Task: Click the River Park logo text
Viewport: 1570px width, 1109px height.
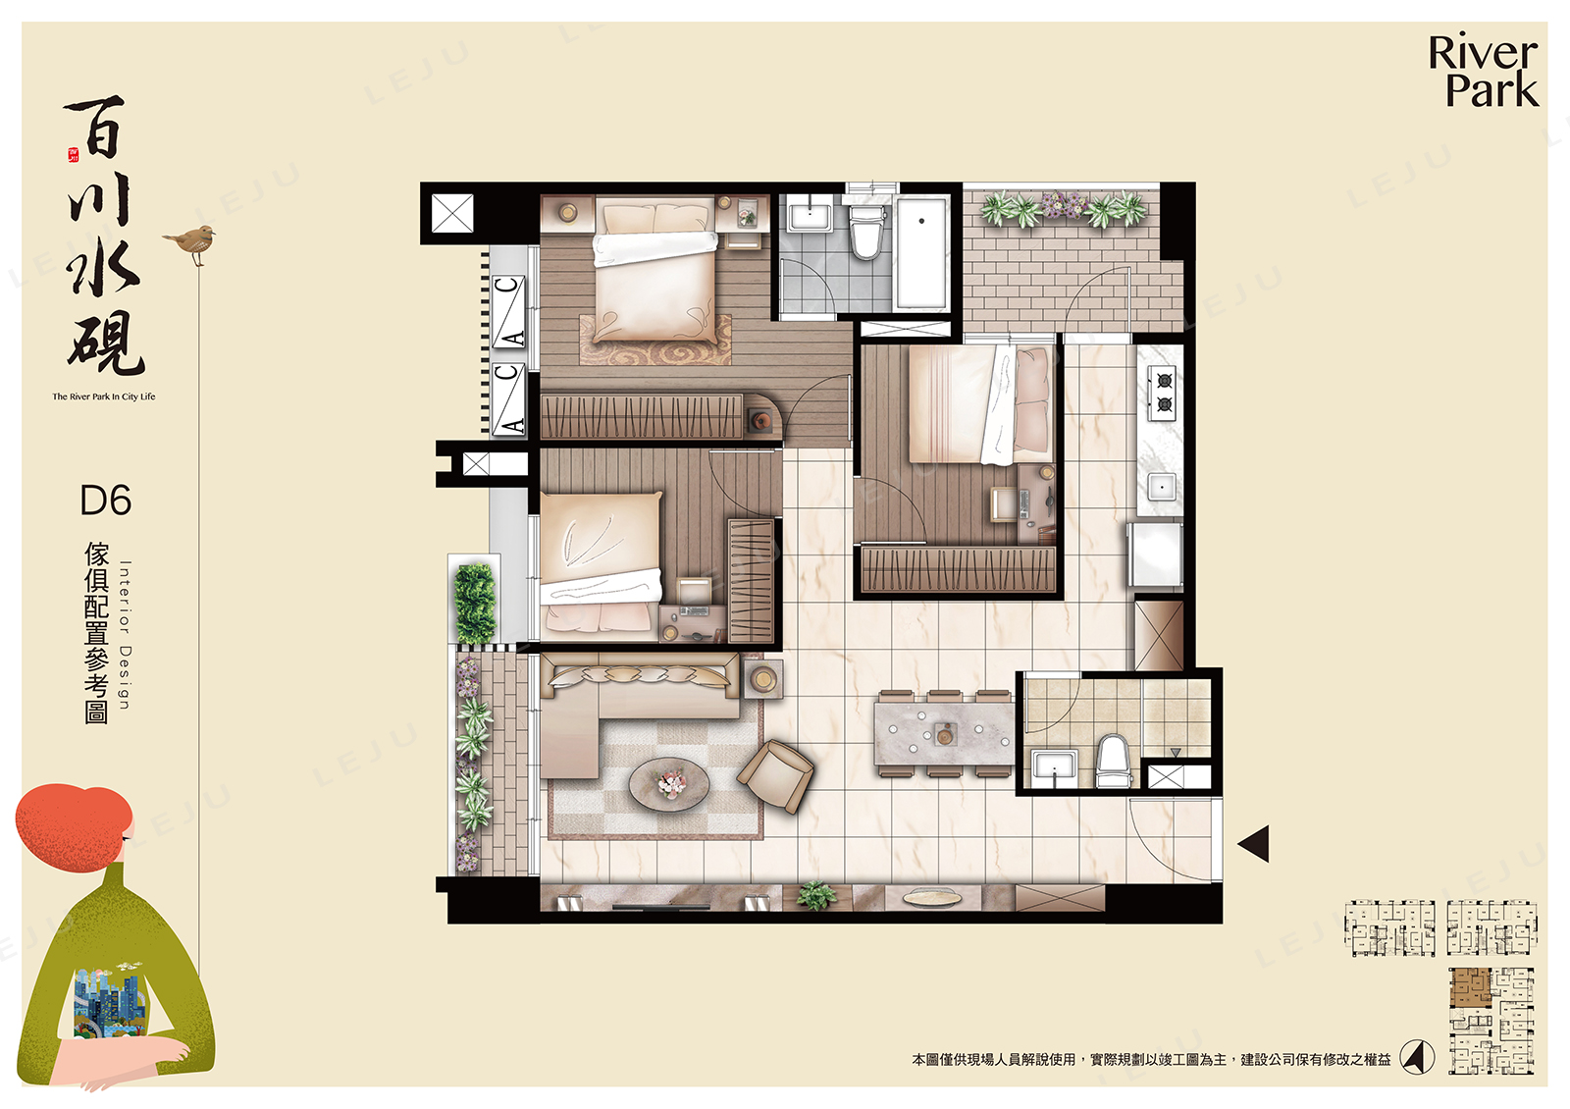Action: coord(1483,73)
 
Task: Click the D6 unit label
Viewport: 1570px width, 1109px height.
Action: coord(106,501)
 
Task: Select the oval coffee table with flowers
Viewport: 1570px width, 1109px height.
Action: coord(669,784)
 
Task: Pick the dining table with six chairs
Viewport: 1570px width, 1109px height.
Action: coord(944,734)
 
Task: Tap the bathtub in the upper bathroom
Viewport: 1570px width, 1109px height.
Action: coord(921,252)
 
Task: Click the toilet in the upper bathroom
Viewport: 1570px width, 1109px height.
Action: coord(865,229)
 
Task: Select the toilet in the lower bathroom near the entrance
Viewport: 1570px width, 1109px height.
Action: coord(1114,761)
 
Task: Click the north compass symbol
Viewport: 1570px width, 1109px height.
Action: coord(1416,1057)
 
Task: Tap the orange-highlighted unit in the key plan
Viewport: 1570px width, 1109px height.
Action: coord(1469,987)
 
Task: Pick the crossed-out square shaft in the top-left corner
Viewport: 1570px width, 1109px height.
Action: coord(452,213)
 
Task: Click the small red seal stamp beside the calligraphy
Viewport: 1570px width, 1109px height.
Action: coord(73,155)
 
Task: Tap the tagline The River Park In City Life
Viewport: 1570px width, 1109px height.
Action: coord(104,396)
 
